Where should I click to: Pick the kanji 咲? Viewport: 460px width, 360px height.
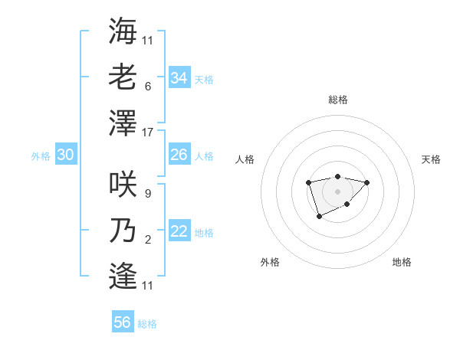click(123, 183)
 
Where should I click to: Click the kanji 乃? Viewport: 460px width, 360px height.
click(123, 229)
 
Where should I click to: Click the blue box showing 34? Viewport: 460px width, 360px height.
click(179, 78)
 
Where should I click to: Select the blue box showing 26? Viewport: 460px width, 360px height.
click(179, 155)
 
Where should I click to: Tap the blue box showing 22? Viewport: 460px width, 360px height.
click(179, 231)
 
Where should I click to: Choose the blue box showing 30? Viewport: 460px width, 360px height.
click(65, 155)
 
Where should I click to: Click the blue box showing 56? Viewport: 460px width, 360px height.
click(122, 322)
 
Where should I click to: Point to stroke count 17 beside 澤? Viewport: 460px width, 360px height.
click(148, 132)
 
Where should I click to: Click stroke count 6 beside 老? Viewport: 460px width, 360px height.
click(147, 87)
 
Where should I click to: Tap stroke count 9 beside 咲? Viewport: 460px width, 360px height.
click(147, 194)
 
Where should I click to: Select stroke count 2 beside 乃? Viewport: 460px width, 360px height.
click(147, 240)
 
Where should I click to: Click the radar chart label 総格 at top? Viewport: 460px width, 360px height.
click(337, 100)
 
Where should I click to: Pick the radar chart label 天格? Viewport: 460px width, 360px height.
click(431, 159)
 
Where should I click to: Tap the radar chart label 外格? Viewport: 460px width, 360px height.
click(270, 262)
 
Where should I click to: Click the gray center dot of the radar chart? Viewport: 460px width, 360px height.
click(337, 191)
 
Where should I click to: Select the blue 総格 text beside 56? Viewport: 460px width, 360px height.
click(147, 324)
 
